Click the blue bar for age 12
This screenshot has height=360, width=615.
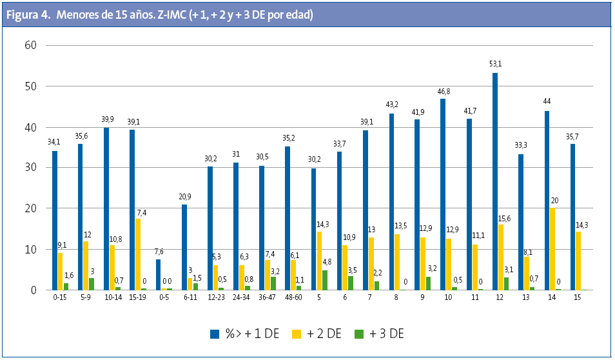click(495, 181)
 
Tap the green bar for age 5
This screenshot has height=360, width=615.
click(325, 280)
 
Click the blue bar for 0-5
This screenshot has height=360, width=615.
click(159, 274)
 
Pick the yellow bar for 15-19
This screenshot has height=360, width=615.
click(138, 254)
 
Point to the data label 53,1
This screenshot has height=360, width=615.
click(495, 63)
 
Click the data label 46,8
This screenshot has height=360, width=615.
click(443, 92)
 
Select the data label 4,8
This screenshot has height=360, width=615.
click(327, 262)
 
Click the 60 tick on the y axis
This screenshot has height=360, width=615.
click(30, 45)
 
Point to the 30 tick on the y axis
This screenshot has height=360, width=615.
click(30, 168)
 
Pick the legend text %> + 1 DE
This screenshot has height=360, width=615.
click(249, 334)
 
